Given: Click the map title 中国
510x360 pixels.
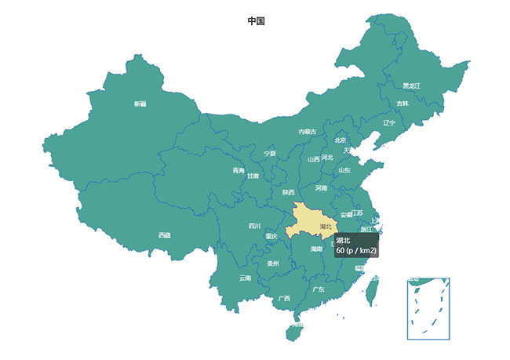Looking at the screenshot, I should (x=256, y=21).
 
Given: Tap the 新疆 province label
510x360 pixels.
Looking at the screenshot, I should (x=140, y=104).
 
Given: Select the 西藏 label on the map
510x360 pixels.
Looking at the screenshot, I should (x=164, y=235).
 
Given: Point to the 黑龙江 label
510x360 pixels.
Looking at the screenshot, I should (x=412, y=85).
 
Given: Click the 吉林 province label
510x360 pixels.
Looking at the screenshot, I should (x=403, y=104).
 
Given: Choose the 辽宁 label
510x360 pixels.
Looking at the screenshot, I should (x=390, y=122).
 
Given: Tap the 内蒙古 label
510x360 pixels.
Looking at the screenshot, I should (x=308, y=132).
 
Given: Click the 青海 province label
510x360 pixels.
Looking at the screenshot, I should (x=239, y=170).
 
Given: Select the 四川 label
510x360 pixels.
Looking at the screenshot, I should (x=254, y=226).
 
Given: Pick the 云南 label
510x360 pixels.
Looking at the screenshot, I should (x=246, y=278).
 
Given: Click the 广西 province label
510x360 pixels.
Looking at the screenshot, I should (x=284, y=298).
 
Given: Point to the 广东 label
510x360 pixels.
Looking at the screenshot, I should (x=319, y=289).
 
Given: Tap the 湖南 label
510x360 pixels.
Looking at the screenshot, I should (x=316, y=249).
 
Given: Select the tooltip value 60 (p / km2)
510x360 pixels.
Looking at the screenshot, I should (x=357, y=250).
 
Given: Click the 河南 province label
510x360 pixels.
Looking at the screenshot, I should (x=322, y=188).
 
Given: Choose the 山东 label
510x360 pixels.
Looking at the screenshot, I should (x=345, y=169).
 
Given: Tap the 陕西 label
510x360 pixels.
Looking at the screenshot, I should (x=289, y=192).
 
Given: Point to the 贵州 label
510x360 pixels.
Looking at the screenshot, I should (x=273, y=264).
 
